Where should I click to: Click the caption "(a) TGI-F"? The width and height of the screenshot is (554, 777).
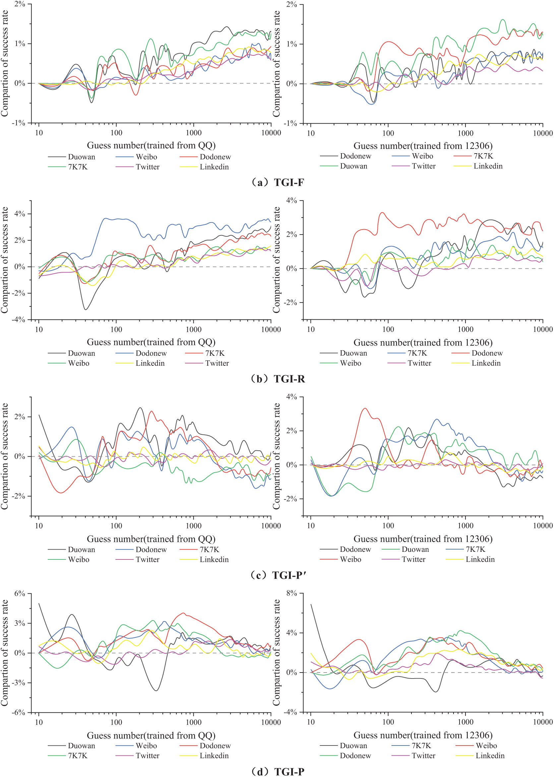pyautogui.click(x=277, y=183)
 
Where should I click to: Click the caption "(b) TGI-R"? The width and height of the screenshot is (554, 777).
pyautogui.click(x=277, y=379)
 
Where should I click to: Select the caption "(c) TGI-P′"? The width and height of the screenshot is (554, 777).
pyautogui.click(x=277, y=575)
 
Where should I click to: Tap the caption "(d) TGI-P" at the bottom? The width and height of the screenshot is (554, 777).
pyautogui.click(x=277, y=772)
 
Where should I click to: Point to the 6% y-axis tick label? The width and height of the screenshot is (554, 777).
pyautogui.click(x=20, y=593)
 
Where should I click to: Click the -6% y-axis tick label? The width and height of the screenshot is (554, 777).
pyautogui.click(x=19, y=713)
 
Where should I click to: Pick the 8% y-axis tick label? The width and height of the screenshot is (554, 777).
pyautogui.click(x=291, y=593)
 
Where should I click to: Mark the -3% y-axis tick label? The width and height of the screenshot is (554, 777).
pyautogui.click(x=19, y=683)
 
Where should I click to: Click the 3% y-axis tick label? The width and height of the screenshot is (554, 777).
pyautogui.click(x=20, y=623)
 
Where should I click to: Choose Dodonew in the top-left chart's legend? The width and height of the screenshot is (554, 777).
pyautogui.click(x=215, y=157)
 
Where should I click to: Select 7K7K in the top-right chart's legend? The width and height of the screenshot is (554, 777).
pyautogui.click(x=483, y=156)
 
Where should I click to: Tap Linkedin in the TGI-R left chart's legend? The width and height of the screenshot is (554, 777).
pyautogui.click(x=150, y=363)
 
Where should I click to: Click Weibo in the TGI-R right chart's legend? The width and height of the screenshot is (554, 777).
pyautogui.click(x=350, y=363)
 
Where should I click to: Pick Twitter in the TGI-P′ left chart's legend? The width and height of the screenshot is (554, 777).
pyautogui.click(x=148, y=560)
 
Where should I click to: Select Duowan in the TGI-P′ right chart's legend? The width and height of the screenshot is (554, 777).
pyautogui.click(x=415, y=550)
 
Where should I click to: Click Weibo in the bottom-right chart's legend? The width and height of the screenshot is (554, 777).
pyautogui.click(x=486, y=745)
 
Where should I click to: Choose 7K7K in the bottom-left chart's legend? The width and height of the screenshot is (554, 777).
pyautogui.click(x=78, y=756)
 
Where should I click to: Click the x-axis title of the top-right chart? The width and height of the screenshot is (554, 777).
pyautogui.click(x=423, y=146)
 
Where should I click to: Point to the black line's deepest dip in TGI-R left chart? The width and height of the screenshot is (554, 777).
pyautogui.click(x=86, y=309)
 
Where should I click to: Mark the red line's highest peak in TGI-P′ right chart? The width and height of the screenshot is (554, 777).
pyautogui.click(x=365, y=408)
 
